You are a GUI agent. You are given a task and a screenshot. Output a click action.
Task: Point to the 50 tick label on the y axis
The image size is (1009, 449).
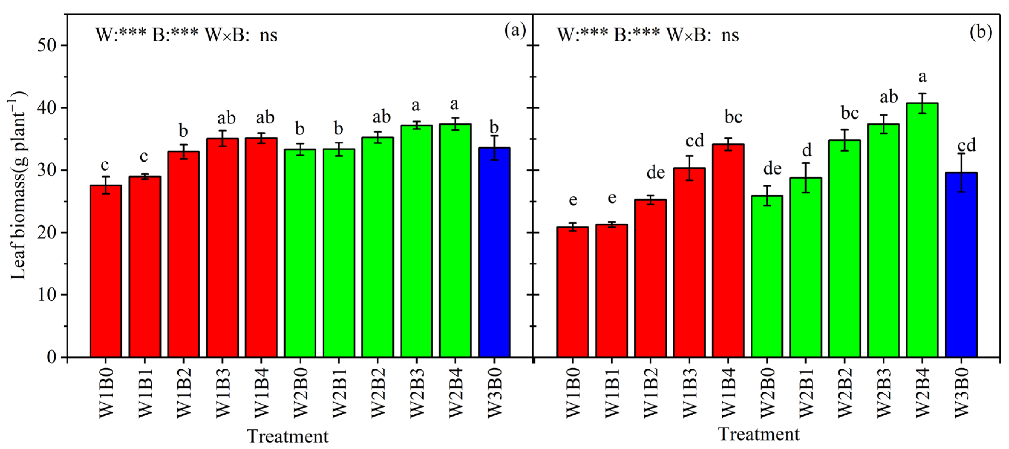47,45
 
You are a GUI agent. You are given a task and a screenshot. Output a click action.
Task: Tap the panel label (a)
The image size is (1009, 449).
515,31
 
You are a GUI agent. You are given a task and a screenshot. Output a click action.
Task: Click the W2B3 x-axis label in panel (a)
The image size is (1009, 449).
417,393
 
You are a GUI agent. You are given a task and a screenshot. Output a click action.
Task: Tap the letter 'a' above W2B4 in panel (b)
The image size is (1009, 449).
922,77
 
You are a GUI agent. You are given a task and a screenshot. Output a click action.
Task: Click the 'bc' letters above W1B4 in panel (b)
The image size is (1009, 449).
733,117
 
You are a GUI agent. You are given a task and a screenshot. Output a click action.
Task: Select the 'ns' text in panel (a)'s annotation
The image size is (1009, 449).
268,35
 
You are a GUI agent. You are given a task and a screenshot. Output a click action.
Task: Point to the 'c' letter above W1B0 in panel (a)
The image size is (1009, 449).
105,165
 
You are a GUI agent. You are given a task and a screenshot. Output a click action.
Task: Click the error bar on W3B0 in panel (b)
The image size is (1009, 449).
961,172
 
